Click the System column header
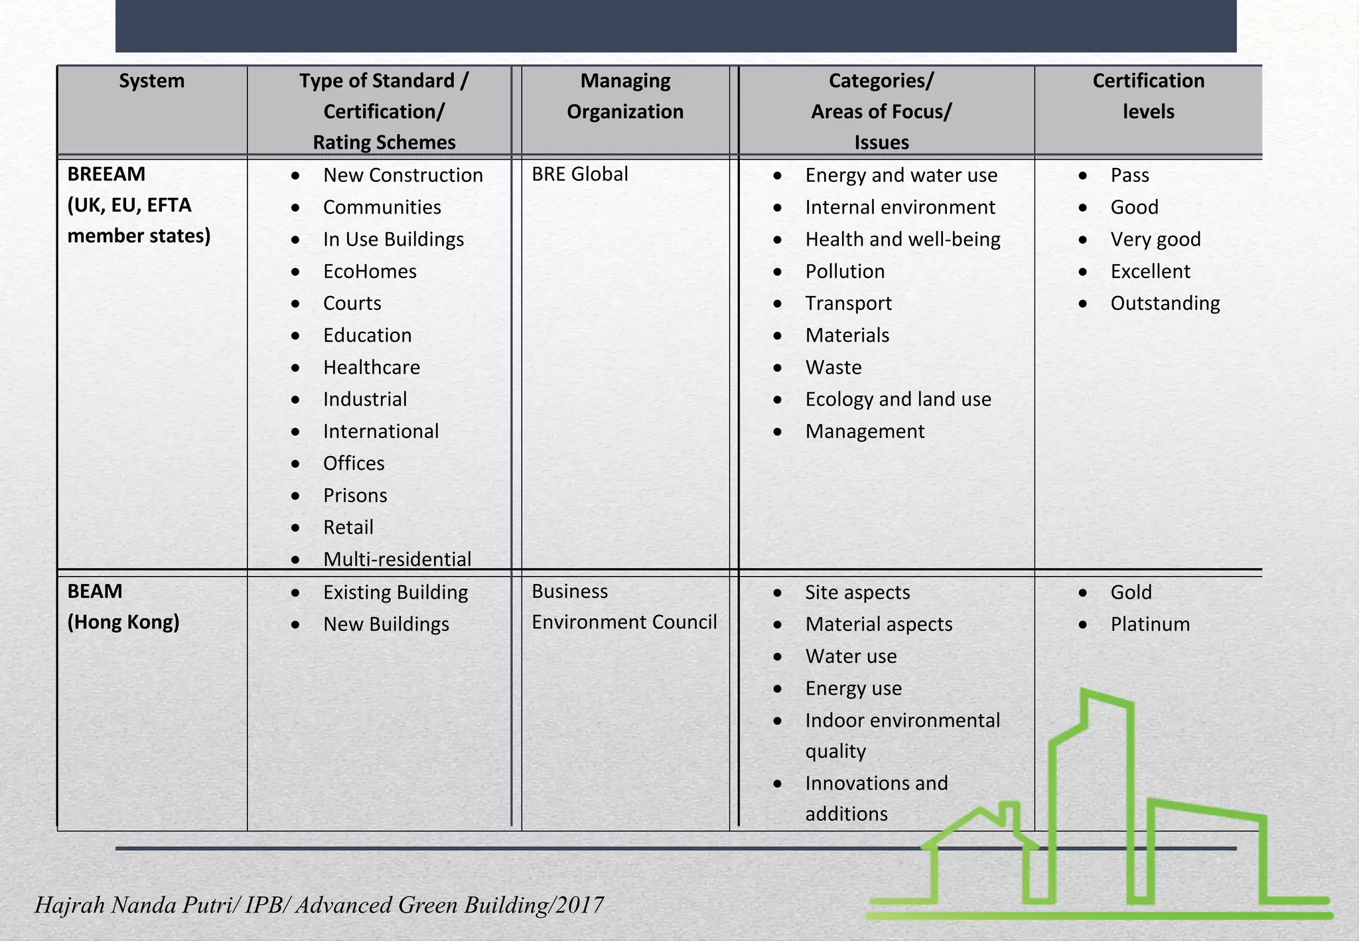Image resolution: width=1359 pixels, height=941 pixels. tap(151, 81)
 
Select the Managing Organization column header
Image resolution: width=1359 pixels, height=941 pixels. tap(625, 96)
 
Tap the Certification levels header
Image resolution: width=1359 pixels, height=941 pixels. tap(1148, 96)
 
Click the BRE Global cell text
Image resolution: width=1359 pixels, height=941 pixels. tap(579, 174)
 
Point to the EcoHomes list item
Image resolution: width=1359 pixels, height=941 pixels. tap(370, 271)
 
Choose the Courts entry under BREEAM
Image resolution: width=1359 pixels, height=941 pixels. tap(352, 303)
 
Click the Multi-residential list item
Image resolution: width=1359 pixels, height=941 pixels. tap(397, 559)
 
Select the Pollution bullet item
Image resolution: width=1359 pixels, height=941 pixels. tap(845, 271)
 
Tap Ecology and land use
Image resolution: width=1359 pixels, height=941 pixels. tap(898, 399)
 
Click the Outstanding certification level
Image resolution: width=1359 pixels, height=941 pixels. tap(1165, 303)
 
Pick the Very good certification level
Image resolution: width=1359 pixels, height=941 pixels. tap(1155, 240)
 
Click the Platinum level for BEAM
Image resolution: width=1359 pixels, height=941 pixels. tap(1150, 624)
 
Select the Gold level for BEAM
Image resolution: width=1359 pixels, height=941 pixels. tap(1131, 592)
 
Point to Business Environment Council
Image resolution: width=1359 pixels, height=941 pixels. tap(624, 607)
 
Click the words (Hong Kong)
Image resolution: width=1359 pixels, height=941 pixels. tap(123, 622)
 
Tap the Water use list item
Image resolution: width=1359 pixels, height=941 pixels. tap(851, 656)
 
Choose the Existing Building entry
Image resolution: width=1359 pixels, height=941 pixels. tap(395, 592)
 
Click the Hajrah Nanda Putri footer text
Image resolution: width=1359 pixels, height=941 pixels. tap(319, 905)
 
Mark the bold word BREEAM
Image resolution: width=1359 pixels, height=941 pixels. tap(106, 174)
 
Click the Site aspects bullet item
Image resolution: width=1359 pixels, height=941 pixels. tap(857, 592)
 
